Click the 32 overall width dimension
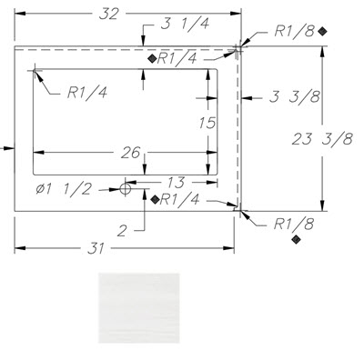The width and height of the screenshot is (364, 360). click(x=108, y=15)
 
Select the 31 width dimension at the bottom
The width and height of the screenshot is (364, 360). click(x=96, y=248)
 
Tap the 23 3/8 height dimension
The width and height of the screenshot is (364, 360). click(x=322, y=139)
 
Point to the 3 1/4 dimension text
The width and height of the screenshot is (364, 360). click(x=185, y=24)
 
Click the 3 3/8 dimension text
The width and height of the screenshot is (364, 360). click(x=295, y=97)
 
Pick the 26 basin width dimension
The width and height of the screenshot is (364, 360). click(x=130, y=153)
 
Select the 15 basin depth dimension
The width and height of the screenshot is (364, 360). click(x=207, y=123)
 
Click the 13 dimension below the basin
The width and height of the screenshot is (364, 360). click(x=176, y=183)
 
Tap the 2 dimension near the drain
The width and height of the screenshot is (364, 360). click(x=122, y=231)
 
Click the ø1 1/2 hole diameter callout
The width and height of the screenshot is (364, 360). click(x=64, y=190)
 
